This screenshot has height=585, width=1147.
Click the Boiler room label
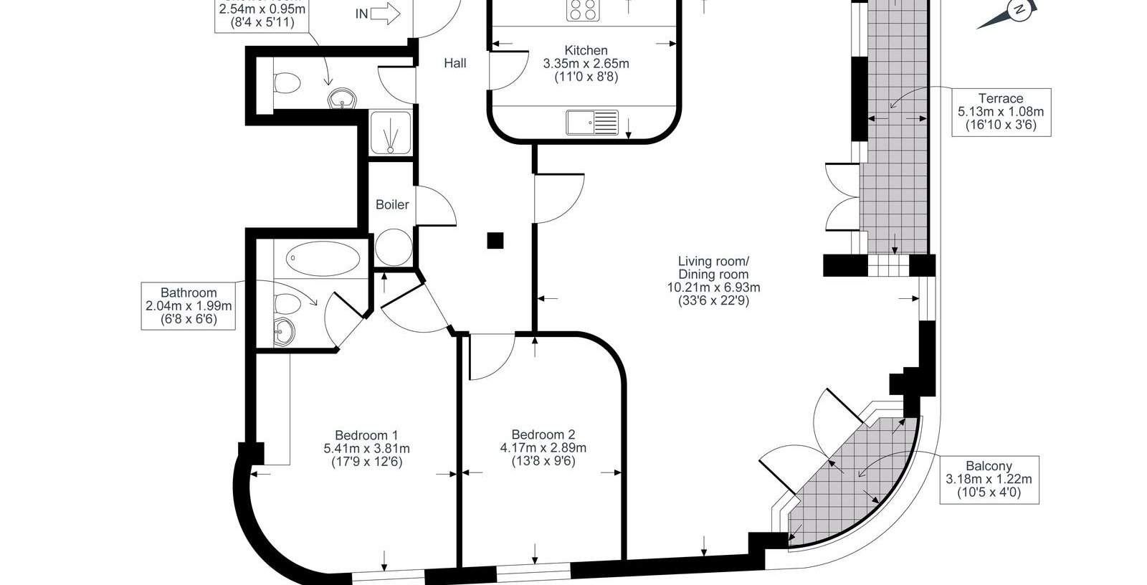pyautogui.click(x=392, y=204)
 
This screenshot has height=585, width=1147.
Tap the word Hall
pyautogui.click(x=454, y=63)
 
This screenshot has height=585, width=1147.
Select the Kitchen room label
pyautogui.click(x=586, y=50)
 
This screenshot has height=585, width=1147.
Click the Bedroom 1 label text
pyautogui.click(x=366, y=435)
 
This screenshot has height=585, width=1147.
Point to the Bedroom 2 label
pyautogui.click(x=543, y=434)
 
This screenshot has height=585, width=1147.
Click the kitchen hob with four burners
pyautogui.click(x=584, y=10)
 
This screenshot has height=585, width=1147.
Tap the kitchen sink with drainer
pyautogui.click(x=592, y=123)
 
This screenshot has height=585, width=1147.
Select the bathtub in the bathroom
pyautogui.click(x=323, y=258)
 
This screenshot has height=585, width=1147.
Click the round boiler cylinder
pyautogui.click(x=394, y=247)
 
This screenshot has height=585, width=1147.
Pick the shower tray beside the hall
pyautogui.click(x=391, y=133)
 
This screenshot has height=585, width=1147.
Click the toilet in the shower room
pyautogui.click(x=287, y=83)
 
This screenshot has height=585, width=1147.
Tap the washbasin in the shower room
pyautogui.click(x=342, y=99)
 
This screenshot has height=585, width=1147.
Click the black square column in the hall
pyautogui.click(x=495, y=240)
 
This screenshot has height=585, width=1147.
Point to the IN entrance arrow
pyautogui.click(x=385, y=14)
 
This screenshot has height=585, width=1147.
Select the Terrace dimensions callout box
pyautogui.click(x=1001, y=112)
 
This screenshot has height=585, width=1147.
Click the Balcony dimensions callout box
pyautogui.click(x=989, y=480)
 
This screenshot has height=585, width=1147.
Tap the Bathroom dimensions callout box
pyautogui.click(x=189, y=306)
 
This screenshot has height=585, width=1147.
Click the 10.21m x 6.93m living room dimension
pyautogui.click(x=714, y=287)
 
